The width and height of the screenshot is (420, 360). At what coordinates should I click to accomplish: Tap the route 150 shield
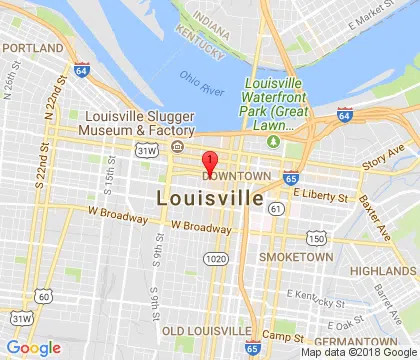[x=316, y=238]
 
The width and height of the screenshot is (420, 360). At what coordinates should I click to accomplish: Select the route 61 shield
[x=276, y=207]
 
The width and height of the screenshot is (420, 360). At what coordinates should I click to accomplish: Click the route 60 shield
[x=42, y=295]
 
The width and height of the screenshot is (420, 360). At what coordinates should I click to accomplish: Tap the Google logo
[x=33, y=347]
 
